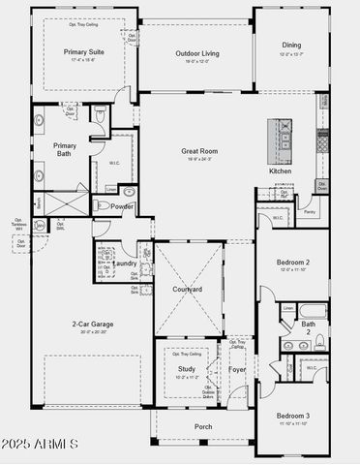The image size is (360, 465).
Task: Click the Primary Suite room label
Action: point(85,52)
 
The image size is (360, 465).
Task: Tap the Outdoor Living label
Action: point(197,53)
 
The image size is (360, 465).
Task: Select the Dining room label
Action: point(291,45)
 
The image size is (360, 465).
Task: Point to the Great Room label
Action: point(200,151)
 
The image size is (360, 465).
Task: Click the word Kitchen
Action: point(280,171)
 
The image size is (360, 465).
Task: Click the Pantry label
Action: point(310,210)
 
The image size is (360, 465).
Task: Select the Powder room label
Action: point(122,206)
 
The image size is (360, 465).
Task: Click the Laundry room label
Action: point(124,263)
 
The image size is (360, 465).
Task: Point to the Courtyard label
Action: point(188,290)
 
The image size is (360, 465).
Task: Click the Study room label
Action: point(186,368)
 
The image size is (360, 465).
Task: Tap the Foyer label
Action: point(237,369)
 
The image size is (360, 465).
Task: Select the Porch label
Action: point(203,426)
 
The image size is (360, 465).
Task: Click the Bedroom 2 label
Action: point(293,263)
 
